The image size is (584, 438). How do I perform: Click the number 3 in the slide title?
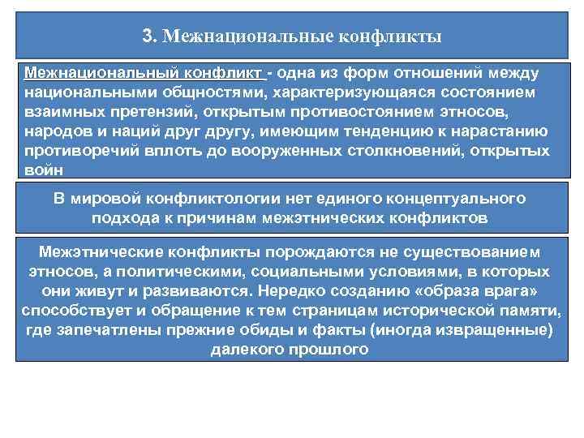pyautogui.click(x=147, y=36)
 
